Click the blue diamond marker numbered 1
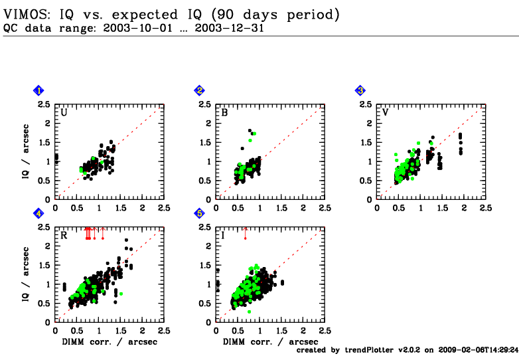pos(39,90)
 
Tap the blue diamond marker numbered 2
pos(199,90)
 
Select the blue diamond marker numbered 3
pos(360,90)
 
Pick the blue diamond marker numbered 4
pos(39,213)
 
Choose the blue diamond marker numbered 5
pos(199,213)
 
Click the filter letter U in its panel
pos(64,112)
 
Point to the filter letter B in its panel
pos(224,112)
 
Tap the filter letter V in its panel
pos(385,112)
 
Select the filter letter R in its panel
pos(64,235)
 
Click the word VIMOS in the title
pos(25,14)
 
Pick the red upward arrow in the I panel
pos(245,232)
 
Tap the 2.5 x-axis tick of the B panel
pos(325,208)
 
